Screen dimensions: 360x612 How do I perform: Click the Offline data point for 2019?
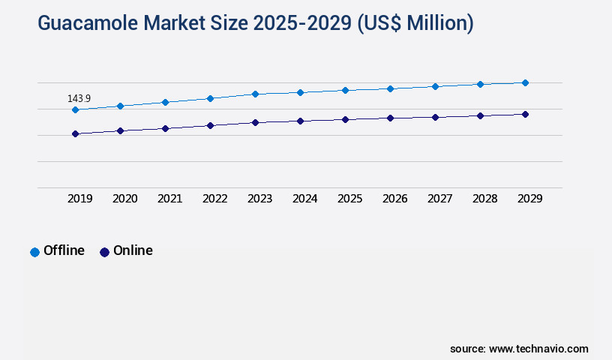pyautogui.click(x=75, y=109)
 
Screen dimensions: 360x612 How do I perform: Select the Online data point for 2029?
pyautogui.click(x=525, y=114)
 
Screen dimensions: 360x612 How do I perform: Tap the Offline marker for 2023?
pyautogui.click(x=255, y=94)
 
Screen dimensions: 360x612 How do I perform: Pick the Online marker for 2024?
pyautogui.click(x=300, y=121)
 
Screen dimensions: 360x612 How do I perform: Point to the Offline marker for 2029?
pyautogui.click(x=525, y=82)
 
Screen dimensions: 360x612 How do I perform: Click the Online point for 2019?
pyautogui.click(x=75, y=133)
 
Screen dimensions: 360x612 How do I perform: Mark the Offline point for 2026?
pyautogui.click(x=390, y=88)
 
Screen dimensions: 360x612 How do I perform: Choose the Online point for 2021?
pyautogui.click(x=165, y=128)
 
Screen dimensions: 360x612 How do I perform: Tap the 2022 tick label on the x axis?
pyautogui.click(x=214, y=199)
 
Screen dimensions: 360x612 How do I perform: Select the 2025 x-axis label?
pyautogui.click(x=349, y=199)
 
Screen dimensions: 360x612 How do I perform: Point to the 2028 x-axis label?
pyautogui.click(x=484, y=199)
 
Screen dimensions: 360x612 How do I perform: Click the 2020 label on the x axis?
pyautogui.click(x=124, y=199)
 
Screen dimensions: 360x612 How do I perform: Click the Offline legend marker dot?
pyautogui.click(x=34, y=252)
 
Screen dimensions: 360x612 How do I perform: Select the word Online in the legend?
pyautogui.click(x=133, y=250)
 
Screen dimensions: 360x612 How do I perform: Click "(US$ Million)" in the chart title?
pyautogui.click(x=415, y=23)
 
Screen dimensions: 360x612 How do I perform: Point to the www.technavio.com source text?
pyautogui.click(x=538, y=349)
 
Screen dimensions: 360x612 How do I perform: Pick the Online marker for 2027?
pyautogui.click(x=435, y=117)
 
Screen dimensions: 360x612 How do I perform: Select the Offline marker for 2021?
pyautogui.click(x=165, y=102)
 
